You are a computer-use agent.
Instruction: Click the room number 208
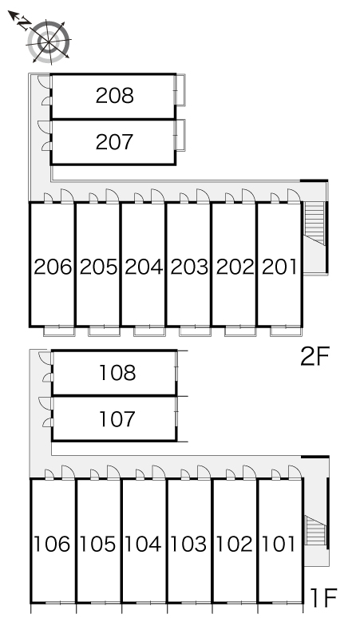(115, 96)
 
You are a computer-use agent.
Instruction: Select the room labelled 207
(115, 142)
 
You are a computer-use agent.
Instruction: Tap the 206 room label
(53, 267)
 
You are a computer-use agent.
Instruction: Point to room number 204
(144, 267)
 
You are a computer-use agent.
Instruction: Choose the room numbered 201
(279, 267)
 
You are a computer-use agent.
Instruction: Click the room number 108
(117, 372)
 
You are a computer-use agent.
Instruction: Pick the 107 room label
(117, 418)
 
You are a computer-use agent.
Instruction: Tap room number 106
(52, 545)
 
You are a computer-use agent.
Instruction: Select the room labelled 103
(188, 545)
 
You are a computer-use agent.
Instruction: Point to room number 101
(279, 545)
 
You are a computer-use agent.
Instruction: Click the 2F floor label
(315, 357)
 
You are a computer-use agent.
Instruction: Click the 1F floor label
(323, 597)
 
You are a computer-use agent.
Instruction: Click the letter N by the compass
(25, 24)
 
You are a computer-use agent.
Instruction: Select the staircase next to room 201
(315, 224)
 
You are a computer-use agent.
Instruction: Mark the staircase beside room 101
(315, 530)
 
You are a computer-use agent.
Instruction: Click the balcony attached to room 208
(180, 89)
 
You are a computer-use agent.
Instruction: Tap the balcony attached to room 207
(180, 135)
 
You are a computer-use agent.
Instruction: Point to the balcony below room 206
(59, 331)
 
